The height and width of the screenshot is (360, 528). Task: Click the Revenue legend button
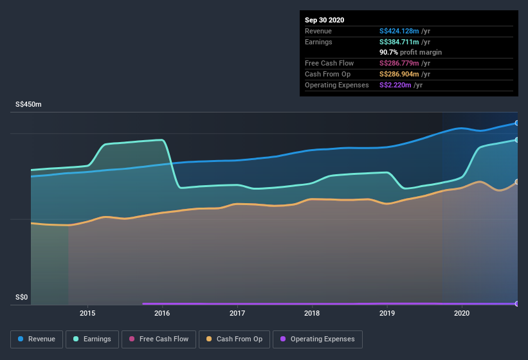point(37,339)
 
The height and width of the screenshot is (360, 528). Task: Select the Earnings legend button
point(92,339)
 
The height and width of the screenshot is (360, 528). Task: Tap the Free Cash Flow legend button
point(158,339)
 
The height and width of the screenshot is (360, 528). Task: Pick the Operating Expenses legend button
point(317,339)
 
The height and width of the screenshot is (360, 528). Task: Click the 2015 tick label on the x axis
point(87,314)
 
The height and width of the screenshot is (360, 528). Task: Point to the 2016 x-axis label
point(162,314)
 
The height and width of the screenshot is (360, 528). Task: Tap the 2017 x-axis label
point(237,314)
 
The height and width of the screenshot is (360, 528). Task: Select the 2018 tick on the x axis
point(312,314)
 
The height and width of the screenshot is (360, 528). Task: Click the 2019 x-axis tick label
point(387,314)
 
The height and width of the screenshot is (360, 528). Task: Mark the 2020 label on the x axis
point(462,314)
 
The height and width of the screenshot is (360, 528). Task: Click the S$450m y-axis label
point(29,104)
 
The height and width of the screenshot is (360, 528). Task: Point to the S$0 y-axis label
point(23,297)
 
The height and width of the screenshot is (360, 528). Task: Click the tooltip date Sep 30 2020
point(325,20)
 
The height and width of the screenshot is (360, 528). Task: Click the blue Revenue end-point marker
point(517,123)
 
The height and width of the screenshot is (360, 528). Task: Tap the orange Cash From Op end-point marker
point(517,182)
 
